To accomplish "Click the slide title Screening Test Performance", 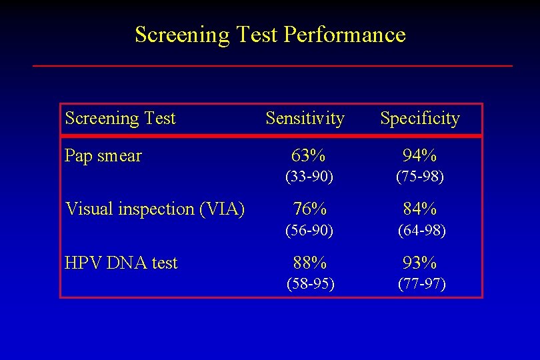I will (270, 34).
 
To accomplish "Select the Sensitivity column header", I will (305, 119).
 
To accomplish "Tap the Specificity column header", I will (420, 119).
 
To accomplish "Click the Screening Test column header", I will (120, 119).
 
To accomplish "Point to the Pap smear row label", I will (103, 156).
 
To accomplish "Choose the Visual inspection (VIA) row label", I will (155, 209).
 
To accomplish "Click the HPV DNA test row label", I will (121, 263).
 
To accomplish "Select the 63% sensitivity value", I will (309, 156).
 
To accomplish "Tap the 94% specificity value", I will (420, 156).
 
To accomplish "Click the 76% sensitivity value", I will (309, 209).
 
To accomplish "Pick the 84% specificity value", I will (420, 209).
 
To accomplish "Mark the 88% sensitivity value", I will (309, 263).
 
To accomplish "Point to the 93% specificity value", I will (420, 263).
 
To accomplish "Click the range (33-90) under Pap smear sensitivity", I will (309, 177).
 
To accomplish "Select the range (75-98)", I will (420, 177).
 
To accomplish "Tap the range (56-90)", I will (309, 231).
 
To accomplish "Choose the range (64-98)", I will (421, 231).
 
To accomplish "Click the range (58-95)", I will (310, 284).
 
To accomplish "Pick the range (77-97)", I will (421, 284).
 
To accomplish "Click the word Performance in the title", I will (344, 34).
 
